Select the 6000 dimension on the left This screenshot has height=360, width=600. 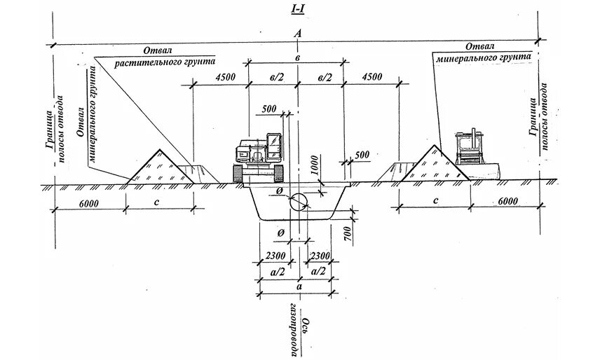(89, 202)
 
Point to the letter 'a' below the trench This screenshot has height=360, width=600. (299, 286)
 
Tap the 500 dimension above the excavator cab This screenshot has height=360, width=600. (268, 109)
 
